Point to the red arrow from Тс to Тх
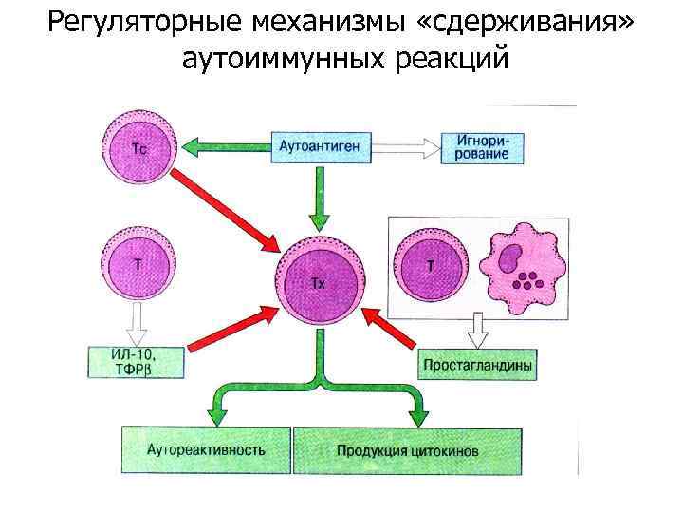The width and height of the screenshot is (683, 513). (229, 210)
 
